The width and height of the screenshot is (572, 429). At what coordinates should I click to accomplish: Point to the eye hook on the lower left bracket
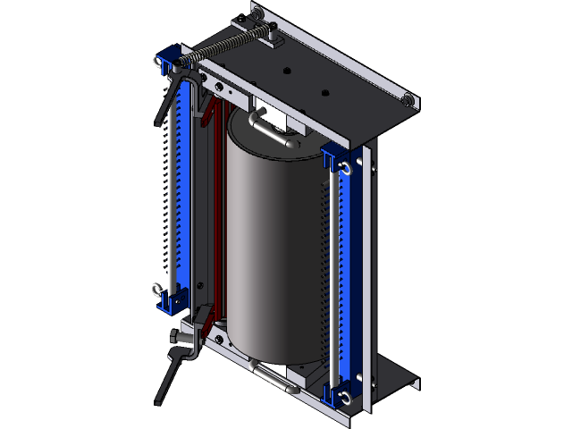157,288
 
